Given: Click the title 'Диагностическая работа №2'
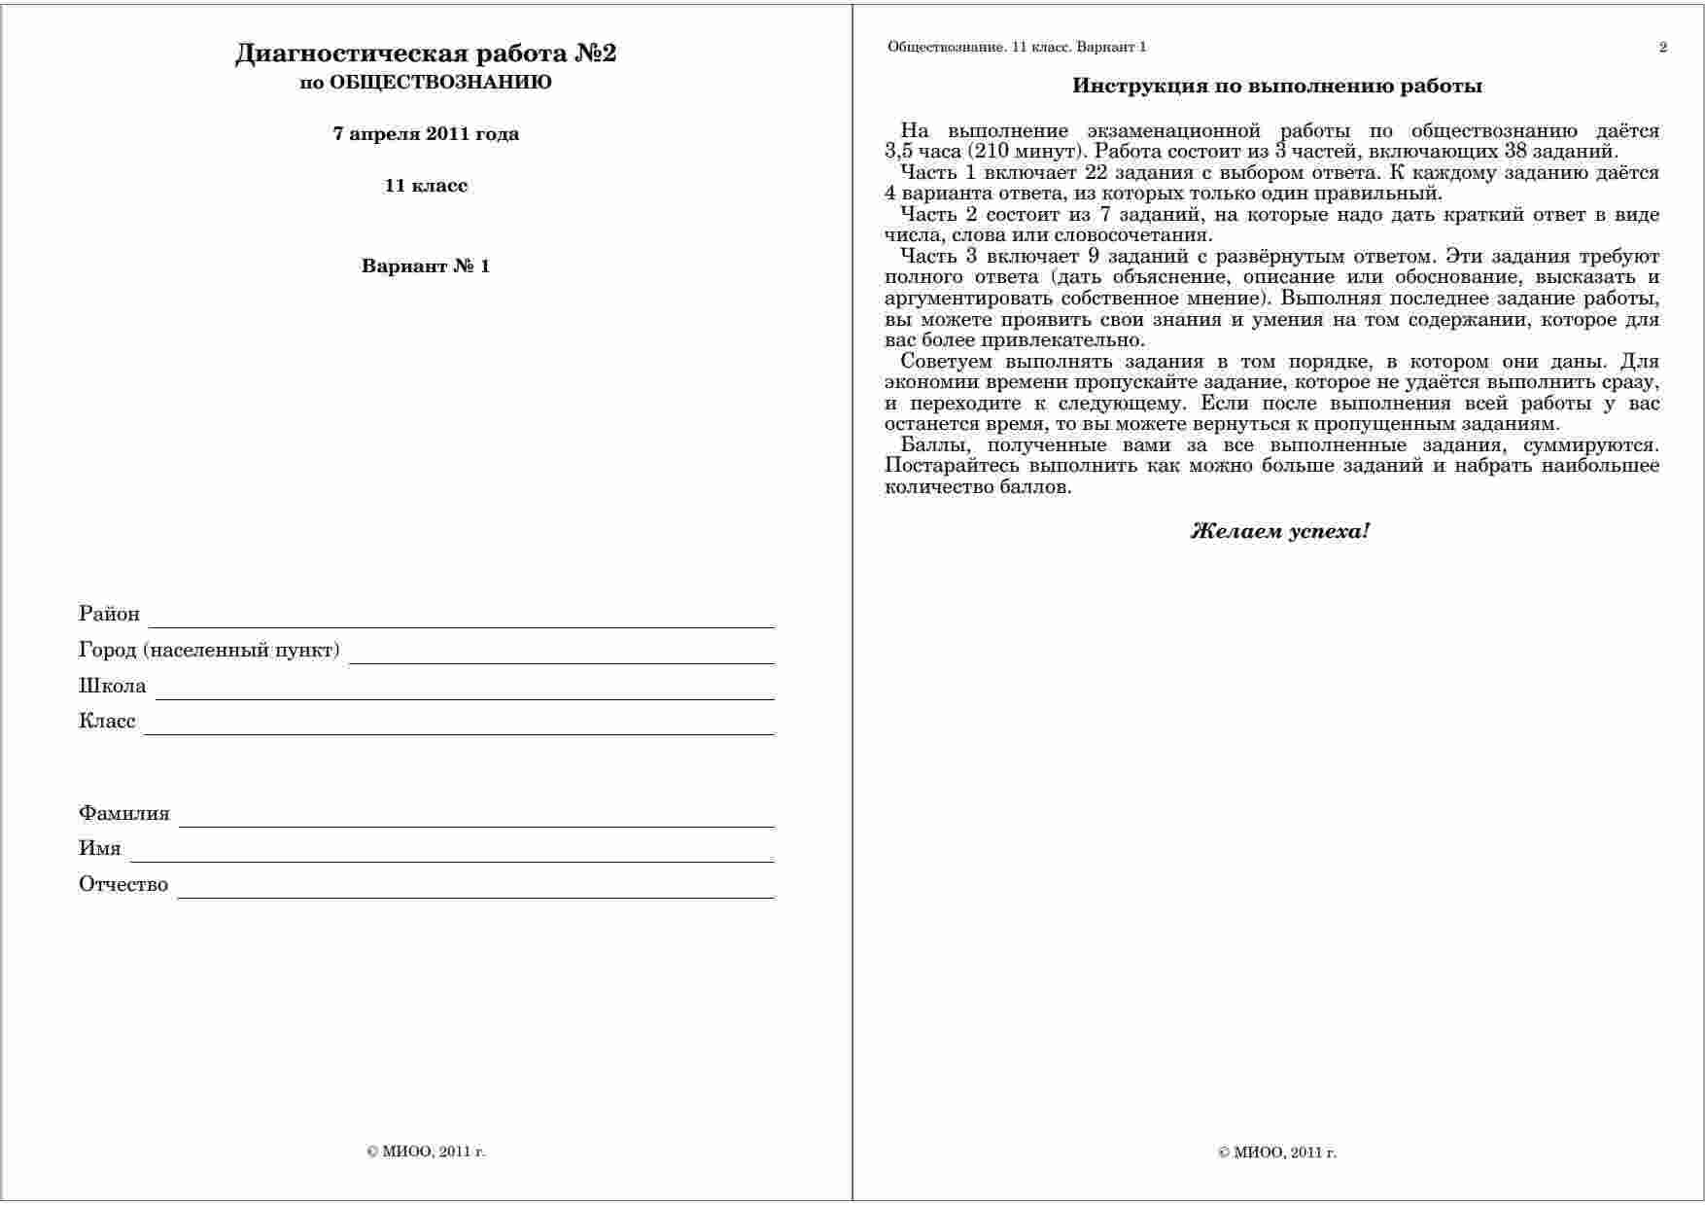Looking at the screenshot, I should pos(426,53).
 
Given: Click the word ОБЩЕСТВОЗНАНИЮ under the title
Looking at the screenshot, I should pos(440,83).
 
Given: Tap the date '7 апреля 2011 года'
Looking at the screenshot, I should pos(426,134).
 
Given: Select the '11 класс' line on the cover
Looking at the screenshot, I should pos(426,186).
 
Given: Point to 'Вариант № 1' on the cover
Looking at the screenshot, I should pos(426,266).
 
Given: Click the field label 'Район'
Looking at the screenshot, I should pos(109,615).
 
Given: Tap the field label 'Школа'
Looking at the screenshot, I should pos(112,687).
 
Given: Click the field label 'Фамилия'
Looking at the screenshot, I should pos(124,814).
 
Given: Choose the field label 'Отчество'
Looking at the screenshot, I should pos(123,885).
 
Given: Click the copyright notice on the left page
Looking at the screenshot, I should pos(426,1152).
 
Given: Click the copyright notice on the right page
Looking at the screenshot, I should pos(1277,1153).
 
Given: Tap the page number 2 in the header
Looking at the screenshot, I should pos(1663,47).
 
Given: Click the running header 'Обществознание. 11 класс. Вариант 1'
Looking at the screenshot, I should pos(1017,47).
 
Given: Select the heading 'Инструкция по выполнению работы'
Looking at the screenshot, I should pos(1277,87).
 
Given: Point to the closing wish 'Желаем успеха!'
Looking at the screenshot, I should pos(1279,532).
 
